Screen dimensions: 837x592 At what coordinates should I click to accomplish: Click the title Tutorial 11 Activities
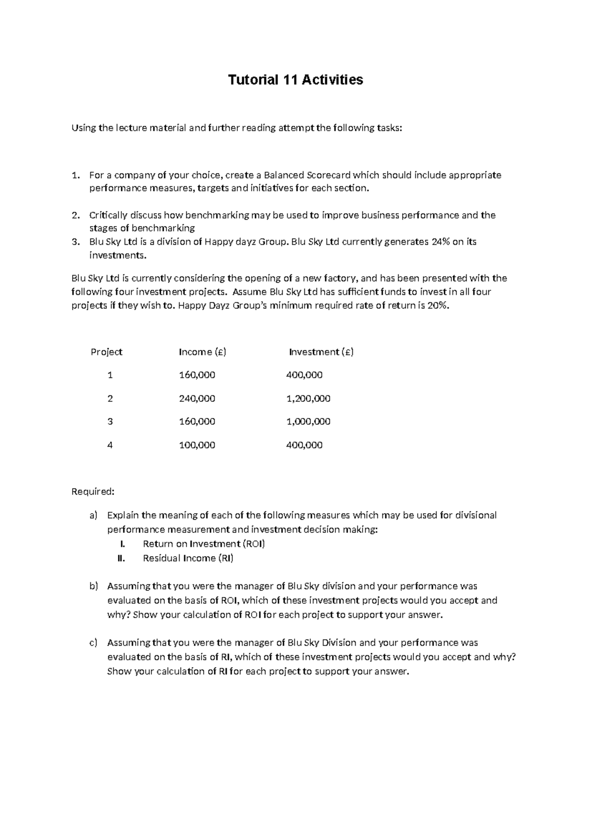(x=295, y=80)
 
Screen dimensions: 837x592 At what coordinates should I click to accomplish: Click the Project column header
(x=106, y=352)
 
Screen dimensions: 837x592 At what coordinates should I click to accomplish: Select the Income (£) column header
(x=202, y=352)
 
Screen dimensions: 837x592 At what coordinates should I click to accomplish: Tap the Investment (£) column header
(x=321, y=352)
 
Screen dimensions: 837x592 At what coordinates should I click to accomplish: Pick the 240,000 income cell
(x=197, y=398)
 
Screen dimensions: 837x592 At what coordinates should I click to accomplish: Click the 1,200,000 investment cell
(x=308, y=398)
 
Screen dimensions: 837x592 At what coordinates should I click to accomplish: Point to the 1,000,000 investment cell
(x=308, y=421)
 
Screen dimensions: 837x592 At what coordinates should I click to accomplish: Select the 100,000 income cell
(x=197, y=445)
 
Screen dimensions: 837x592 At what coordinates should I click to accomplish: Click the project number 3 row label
(x=110, y=421)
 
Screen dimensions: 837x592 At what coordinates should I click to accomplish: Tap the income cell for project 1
(x=197, y=375)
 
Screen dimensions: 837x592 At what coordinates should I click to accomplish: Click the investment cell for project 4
(x=304, y=445)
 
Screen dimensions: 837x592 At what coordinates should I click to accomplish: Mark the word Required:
(x=93, y=492)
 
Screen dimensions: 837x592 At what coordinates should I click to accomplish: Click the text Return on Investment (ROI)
(x=204, y=544)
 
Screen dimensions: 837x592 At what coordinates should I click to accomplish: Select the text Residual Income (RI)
(x=188, y=558)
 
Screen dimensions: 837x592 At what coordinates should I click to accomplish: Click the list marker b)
(x=94, y=586)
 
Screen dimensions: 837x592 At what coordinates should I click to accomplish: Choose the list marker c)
(x=93, y=643)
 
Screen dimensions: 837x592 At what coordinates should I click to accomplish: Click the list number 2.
(x=75, y=215)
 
